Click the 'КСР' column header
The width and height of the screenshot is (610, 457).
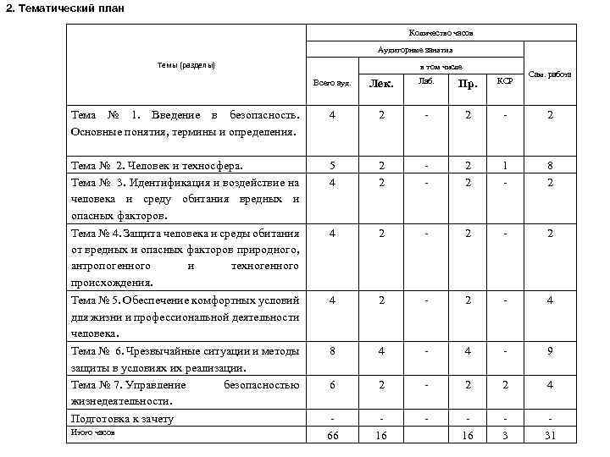pos(505,81)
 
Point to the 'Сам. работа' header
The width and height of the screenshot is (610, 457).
pos(550,74)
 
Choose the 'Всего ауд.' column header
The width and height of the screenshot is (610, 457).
pos(331,84)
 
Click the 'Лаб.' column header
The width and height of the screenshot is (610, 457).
pos(425,81)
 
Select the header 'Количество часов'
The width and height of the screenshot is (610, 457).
pos(441,33)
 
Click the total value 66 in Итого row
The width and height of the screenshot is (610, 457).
pos(331,435)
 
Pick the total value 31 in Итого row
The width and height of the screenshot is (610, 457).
pos(550,435)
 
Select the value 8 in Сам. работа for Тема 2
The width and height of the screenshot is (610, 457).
pos(550,166)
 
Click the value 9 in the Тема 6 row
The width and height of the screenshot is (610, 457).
pos(550,351)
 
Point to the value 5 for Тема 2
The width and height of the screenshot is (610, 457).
pos(331,166)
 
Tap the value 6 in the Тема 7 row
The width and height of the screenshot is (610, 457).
pos(331,385)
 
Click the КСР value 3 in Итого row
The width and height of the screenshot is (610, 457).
pos(505,435)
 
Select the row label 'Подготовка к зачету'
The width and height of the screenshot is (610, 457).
pos(123,419)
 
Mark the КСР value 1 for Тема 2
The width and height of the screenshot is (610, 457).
pos(505,166)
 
